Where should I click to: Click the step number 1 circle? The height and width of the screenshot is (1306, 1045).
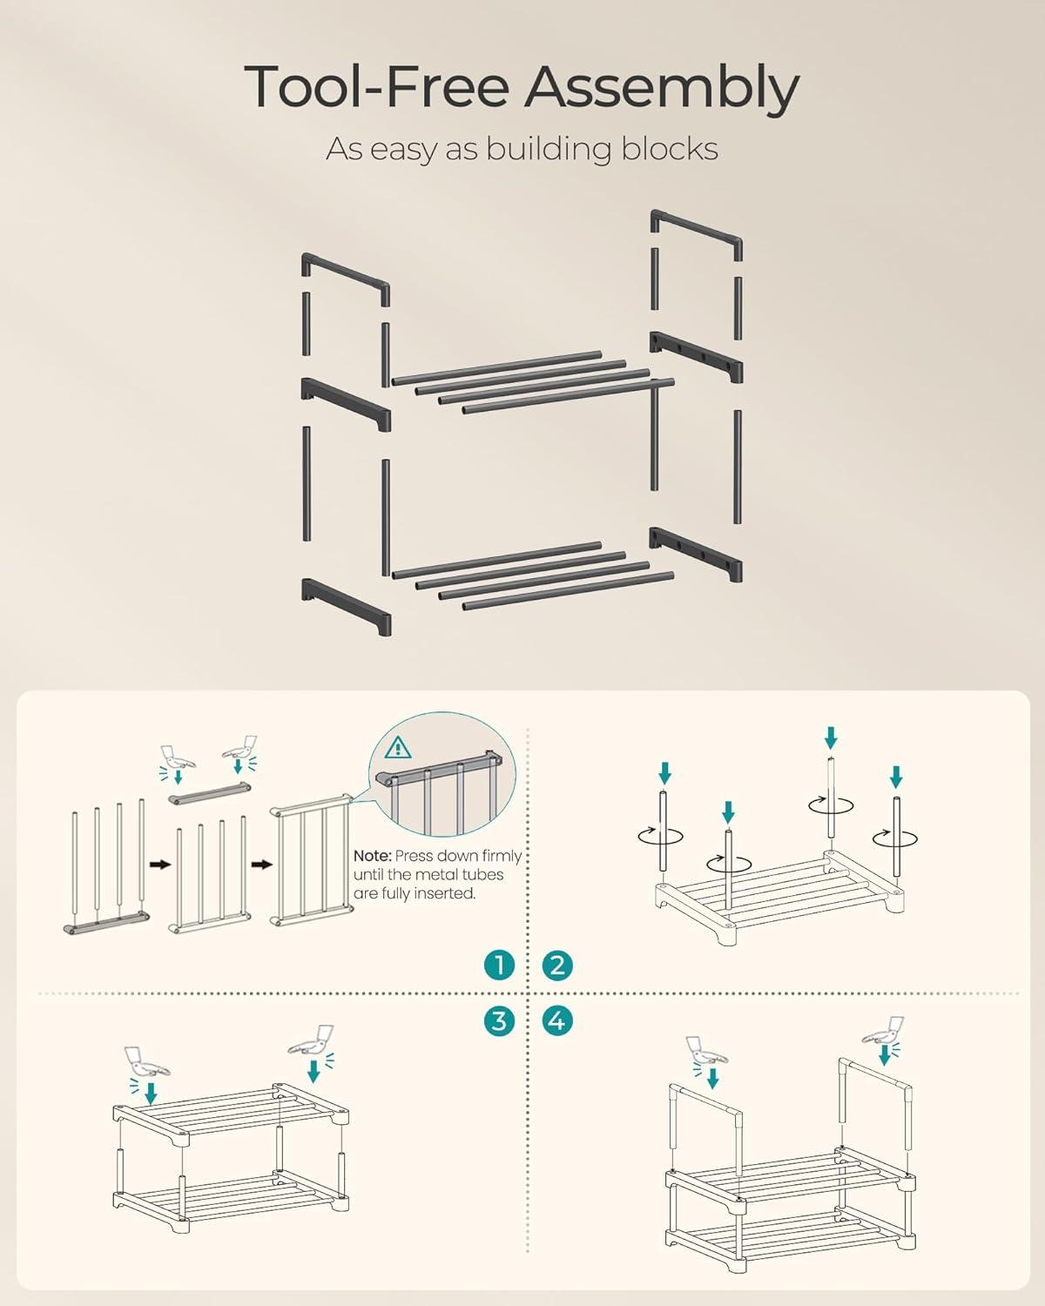(x=499, y=965)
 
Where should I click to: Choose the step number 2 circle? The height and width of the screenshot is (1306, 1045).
(x=556, y=965)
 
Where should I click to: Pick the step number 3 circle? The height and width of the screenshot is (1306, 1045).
(x=499, y=1020)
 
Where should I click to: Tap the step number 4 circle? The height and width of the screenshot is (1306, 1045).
(x=556, y=1020)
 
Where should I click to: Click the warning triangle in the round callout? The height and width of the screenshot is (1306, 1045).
(x=398, y=748)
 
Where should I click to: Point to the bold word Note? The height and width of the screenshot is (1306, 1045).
(x=372, y=856)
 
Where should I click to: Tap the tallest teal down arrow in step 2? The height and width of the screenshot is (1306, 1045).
(x=832, y=738)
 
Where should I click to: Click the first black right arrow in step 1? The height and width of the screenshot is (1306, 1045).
(x=160, y=865)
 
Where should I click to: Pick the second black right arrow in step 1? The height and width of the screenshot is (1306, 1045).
(x=262, y=865)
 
